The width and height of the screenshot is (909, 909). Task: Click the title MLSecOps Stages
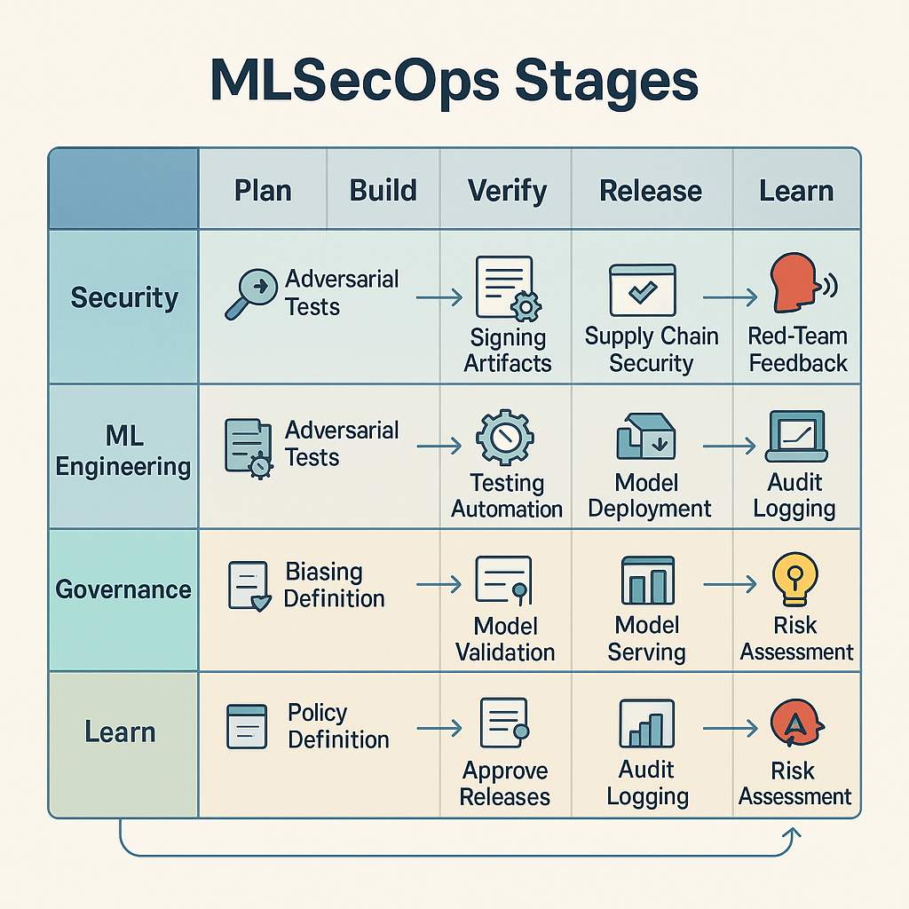click(x=454, y=82)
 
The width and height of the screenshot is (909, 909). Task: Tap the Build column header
click(x=383, y=191)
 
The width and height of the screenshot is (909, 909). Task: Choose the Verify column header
click(x=507, y=191)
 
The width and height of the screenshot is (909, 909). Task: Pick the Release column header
click(x=651, y=191)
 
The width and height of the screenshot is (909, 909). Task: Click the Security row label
click(x=124, y=297)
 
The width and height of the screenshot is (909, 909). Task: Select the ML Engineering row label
click(x=123, y=452)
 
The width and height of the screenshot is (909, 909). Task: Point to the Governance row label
click(x=123, y=589)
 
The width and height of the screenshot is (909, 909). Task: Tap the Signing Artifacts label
click(x=508, y=350)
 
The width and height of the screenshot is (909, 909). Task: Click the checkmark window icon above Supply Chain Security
click(x=643, y=288)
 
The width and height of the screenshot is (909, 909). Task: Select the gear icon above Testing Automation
click(x=504, y=438)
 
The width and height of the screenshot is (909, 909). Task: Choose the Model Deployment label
click(x=650, y=495)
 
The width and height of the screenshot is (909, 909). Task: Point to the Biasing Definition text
click(x=334, y=585)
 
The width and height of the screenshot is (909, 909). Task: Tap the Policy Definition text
click(x=338, y=726)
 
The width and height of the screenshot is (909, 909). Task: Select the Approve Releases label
click(x=504, y=784)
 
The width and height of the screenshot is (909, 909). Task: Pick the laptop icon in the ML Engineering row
click(x=796, y=436)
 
